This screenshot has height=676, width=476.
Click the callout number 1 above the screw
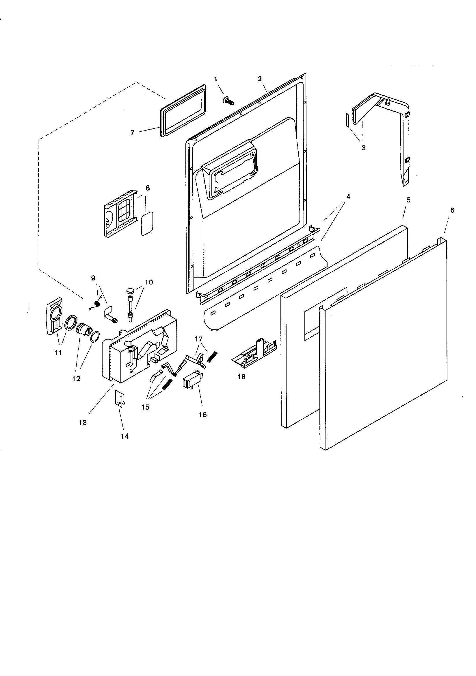click(x=216, y=79)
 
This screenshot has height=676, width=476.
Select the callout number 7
click(x=132, y=133)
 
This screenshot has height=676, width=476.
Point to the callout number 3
click(x=364, y=148)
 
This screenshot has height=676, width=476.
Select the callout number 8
click(x=148, y=188)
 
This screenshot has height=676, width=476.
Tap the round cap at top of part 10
click(x=130, y=291)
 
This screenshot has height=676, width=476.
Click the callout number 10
click(x=149, y=282)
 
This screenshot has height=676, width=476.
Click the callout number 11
click(x=58, y=352)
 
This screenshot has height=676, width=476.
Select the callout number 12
click(x=76, y=379)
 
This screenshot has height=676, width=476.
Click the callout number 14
click(x=125, y=436)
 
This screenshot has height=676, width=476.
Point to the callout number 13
click(x=83, y=422)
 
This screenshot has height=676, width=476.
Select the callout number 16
click(x=203, y=415)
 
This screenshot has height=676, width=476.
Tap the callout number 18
click(x=241, y=377)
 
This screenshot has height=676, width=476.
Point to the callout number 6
click(x=452, y=210)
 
